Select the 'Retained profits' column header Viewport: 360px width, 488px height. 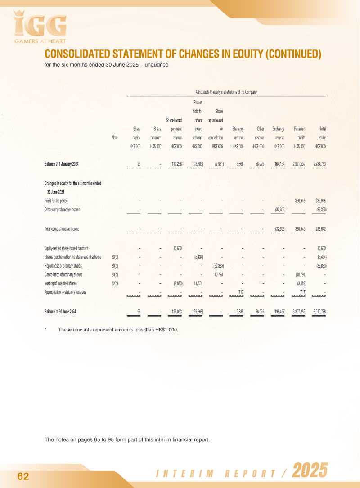pos(299,133)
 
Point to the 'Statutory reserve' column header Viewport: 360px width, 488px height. pos(238,133)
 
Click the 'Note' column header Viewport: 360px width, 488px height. pos(114,138)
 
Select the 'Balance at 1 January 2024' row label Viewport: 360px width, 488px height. pos(61,164)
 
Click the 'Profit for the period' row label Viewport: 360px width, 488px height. pos(56,201)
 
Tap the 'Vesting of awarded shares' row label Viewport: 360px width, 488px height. pos(60,283)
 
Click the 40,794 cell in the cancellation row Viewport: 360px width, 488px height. pos(218,274)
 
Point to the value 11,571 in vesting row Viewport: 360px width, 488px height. pos(198,283)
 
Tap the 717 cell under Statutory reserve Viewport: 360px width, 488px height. pos(241,292)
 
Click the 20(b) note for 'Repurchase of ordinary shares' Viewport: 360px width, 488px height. pos(114,266)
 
